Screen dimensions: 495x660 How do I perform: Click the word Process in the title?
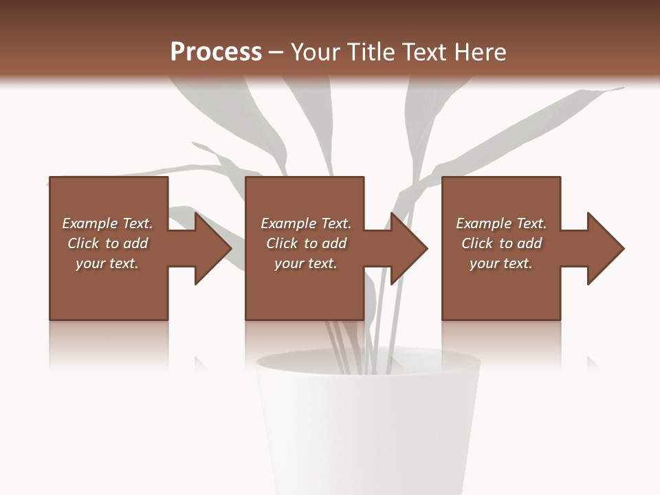click(x=216, y=52)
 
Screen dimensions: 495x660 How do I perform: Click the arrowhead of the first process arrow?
click(x=213, y=248)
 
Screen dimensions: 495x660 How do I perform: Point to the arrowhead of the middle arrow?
click(x=410, y=248)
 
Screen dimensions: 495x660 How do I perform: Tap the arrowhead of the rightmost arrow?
click(x=606, y=248)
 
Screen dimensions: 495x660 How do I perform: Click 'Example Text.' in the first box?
click(x=107, y=223)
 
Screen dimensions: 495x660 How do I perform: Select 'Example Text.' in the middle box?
click(x=306, y=223)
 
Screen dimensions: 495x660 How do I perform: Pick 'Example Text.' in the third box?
click(x=501, y=223)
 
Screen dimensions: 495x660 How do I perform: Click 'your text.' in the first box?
click(x=107, y=263)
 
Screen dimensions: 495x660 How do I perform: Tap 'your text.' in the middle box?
click(x=306, y=263)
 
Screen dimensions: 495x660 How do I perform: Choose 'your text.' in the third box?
click(x=501, y=263)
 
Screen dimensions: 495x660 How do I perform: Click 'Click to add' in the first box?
click(x=107, y=243)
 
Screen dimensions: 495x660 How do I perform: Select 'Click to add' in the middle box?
click(x=306, y=243)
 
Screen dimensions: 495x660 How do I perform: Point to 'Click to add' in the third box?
click(x=501, y=243)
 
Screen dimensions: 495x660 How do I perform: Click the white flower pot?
click(x=368, y=433)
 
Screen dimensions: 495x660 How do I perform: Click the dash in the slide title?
click(x=276, y=52)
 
